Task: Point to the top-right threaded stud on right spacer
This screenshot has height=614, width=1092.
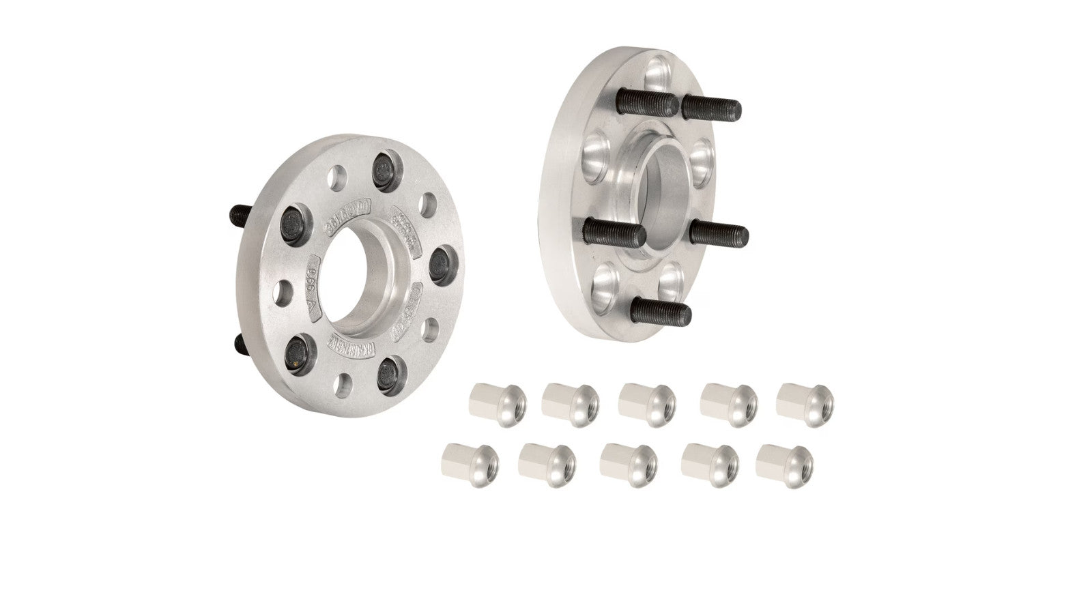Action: click(711, 106)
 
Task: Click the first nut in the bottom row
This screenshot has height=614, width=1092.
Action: click(471, 464)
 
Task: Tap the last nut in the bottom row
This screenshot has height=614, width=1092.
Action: click(785, 466)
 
